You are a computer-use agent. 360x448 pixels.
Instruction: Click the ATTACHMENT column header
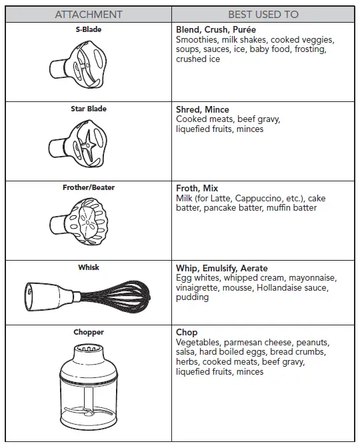(x=89, y=14)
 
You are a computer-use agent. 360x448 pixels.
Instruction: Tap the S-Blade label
(x=89, y=30)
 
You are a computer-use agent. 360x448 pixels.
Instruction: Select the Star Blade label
(x=89, y=109)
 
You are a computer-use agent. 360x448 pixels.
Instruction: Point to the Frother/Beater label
(x=89, y=187)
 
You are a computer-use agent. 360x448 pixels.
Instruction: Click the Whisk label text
(x=89, y=267)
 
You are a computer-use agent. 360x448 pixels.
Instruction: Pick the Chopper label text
(x=89, y=332)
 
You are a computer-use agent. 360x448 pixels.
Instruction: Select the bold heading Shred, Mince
(x=203, y=109)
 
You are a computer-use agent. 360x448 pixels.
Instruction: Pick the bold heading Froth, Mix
(x=197, y=189)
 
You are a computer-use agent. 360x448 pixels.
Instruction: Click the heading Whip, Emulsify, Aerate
(x=221, y=268)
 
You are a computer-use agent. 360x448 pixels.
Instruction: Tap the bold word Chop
(x=187, y=333)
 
